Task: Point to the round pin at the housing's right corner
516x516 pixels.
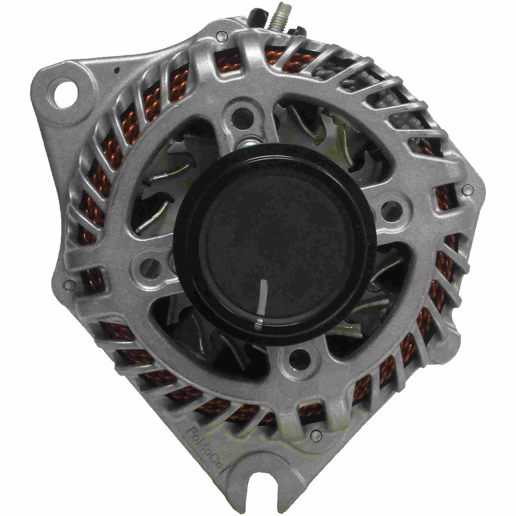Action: (x=467, y=190)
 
